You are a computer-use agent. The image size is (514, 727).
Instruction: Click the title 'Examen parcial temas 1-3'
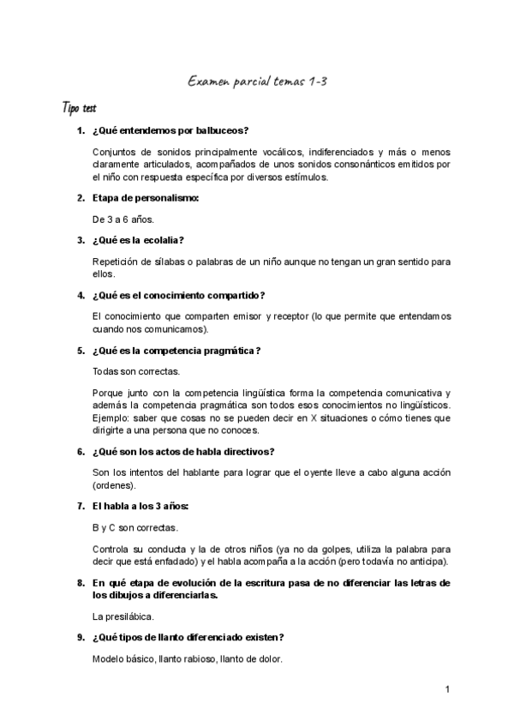click(257, 81)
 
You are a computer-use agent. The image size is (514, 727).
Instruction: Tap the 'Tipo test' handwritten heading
click(79, 109)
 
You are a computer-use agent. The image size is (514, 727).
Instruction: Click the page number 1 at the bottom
click(447, 689)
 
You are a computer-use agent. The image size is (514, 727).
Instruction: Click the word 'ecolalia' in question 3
click(163, 240)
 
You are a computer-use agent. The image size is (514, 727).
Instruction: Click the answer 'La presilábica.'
click(123, 616)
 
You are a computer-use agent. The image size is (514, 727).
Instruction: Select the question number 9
click(80, 637)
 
